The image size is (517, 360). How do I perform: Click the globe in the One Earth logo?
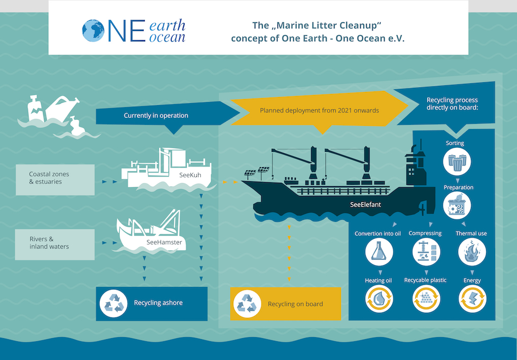[93, 30]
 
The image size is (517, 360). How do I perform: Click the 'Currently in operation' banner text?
[156, 115]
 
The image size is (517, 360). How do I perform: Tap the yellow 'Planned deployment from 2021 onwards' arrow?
[319, 111]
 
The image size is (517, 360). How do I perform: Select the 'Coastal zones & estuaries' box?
[55, 180]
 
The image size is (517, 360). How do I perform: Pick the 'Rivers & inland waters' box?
[55, 245]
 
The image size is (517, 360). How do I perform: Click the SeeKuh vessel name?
[190, 175]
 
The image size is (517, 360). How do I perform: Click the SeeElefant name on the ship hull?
[365, 205]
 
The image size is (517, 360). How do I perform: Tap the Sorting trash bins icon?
[457, 161]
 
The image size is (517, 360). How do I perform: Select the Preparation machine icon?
[457, 206]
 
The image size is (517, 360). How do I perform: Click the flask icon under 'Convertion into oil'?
[379, 252]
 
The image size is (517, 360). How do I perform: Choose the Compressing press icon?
[426, 252]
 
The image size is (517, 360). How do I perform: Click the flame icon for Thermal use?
[472, 252]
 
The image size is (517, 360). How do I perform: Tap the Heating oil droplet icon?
[379, 299]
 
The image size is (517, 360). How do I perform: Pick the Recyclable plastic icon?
[426, 299]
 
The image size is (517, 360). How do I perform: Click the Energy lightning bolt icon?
[472, 299]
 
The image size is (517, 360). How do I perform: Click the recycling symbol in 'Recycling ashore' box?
[114, 304]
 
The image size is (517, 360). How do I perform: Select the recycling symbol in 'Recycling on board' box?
[247, 304]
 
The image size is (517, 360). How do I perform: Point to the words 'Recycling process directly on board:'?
[452, 104]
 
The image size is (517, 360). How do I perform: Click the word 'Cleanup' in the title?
[358, 25]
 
